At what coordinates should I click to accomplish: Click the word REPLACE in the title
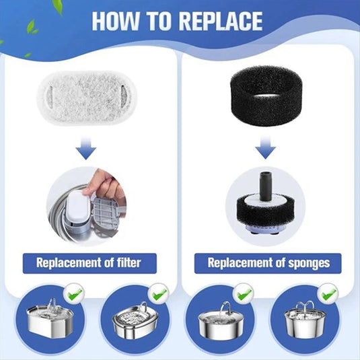click(x=221, y=21)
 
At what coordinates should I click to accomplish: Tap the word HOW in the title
click(x=116, y=21)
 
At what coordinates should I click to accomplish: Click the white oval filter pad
click(x=87, y=98)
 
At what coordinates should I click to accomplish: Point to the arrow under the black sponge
click(x=265, y=147)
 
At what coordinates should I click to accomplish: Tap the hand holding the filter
click(x=104, y=184)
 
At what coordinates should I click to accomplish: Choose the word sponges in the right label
click(x=309, y=263)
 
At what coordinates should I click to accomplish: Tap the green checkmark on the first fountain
click(x=74, y=294)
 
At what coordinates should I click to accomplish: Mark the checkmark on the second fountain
click(x=159, y=295)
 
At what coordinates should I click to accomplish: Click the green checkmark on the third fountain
click(x=244, y=295)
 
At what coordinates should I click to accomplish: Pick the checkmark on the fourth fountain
click(x=328, y=295)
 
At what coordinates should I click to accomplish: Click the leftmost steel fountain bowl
click(x=50, y=318)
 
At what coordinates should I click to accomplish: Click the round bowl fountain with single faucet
click(x=221, y=321)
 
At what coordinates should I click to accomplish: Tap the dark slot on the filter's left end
click(x=50, y=95)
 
